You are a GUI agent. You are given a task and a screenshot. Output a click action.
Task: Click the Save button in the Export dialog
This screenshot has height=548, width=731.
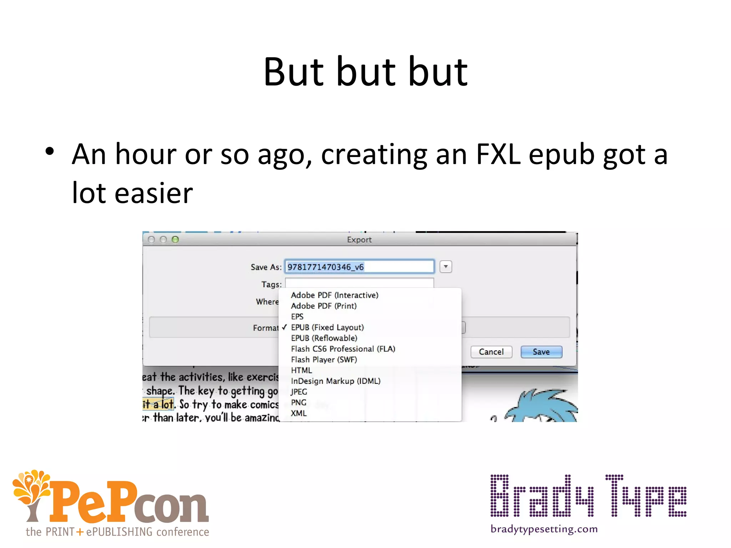[541, 352]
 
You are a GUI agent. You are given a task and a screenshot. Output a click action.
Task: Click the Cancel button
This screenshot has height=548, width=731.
[491, 352]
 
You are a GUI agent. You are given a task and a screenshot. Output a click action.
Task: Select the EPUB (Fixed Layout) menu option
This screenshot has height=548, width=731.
[327, 328]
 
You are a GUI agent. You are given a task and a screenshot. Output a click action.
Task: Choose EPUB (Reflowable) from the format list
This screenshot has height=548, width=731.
[324, 338]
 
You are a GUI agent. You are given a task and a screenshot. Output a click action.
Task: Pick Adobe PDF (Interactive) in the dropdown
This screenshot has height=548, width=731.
[334, 295]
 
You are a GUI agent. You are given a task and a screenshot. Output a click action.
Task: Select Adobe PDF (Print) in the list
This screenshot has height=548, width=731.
[323, 306]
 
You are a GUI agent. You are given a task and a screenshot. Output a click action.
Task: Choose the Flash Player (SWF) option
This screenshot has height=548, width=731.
[324, 360]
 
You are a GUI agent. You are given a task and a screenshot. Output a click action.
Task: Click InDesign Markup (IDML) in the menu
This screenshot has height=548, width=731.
[336, 381]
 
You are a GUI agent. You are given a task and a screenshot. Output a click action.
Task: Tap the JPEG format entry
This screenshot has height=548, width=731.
[299, 392]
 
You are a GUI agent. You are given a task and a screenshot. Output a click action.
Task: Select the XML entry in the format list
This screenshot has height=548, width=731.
[298, 413]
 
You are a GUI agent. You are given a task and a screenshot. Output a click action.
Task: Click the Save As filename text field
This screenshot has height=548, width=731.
[359, 267]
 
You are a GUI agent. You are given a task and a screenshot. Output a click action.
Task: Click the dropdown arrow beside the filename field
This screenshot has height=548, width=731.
[446, 267]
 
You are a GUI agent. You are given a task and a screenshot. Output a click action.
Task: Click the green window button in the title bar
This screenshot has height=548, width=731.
[175, 239]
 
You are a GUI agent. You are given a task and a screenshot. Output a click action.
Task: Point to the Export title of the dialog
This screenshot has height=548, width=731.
[359, 240]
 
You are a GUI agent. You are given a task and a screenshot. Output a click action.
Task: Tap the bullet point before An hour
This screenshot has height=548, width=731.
[50, 151]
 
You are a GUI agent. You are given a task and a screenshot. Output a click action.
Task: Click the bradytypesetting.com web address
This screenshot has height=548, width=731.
[544, 529]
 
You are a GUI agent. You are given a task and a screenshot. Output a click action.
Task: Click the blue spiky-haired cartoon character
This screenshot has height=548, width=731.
[543, 407]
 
